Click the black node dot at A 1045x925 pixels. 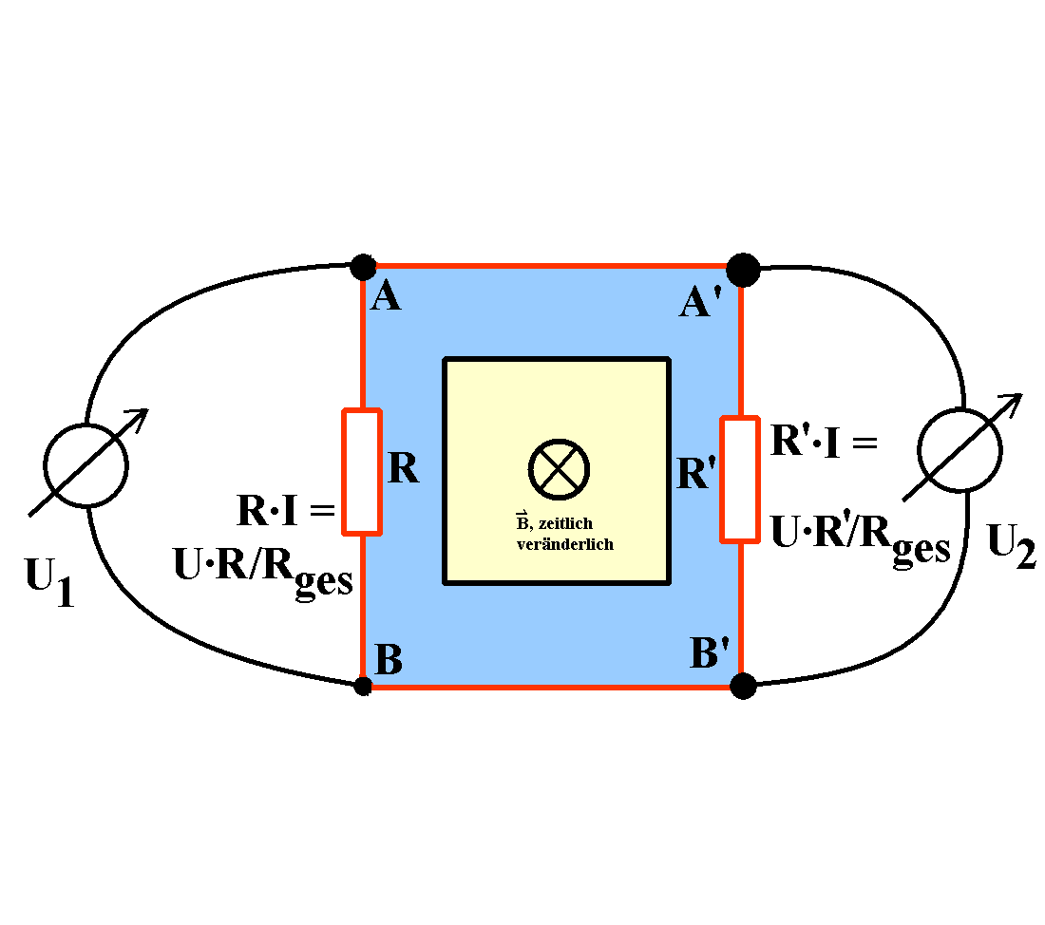coord(362,267)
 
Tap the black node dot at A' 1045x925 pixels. coord(743,270)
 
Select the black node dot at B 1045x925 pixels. coord(362,685)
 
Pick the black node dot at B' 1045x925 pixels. coord(743,684)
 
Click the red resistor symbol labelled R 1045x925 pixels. coord(362,471)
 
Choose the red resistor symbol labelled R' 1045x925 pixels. coord(739,479)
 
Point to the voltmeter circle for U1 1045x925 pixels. coord(86,464)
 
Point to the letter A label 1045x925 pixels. coord(386,297)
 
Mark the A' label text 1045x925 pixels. coord(704,303)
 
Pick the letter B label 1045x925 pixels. coord(389,658)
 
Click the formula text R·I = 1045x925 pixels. coord(285,513)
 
